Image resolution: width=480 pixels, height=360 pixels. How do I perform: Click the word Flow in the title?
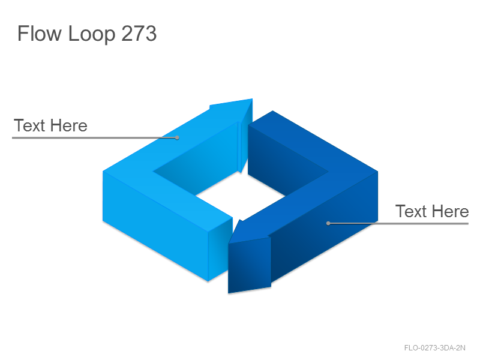[40, 33]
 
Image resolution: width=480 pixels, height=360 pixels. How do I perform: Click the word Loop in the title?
[92, 34]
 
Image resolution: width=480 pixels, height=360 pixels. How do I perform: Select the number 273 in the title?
[139, 33]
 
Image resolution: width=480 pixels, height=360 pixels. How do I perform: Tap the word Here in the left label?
[69, 125]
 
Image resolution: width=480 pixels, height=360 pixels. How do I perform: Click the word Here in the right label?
[451, 211]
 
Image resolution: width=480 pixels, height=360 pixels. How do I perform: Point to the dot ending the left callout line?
[177, 138]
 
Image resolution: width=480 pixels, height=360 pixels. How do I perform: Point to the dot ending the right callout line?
[328, 223]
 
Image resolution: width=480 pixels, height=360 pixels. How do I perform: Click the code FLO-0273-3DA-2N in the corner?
[434, 348]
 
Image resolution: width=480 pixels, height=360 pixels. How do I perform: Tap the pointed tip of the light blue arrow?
[252, 99]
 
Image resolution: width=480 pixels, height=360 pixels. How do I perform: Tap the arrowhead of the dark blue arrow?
[250, 257]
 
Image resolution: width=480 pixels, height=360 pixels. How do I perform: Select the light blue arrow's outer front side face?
[155, 227]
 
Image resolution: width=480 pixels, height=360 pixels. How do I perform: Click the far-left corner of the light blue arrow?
[103, 172]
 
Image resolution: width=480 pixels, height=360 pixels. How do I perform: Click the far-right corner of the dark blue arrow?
[378, 172]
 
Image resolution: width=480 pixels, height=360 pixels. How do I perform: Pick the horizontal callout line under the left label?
[94, 138]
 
